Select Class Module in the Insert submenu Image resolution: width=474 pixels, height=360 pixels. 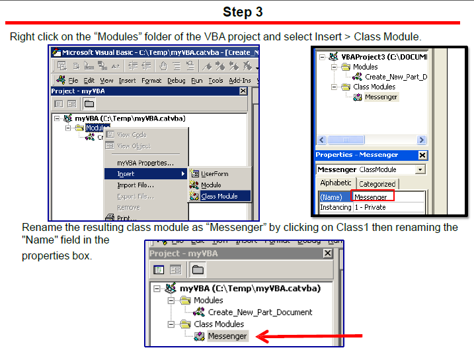tap(219, 197)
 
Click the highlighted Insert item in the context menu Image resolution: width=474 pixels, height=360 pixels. tap(126, 174)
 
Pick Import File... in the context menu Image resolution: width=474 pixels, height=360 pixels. tap(136, 185)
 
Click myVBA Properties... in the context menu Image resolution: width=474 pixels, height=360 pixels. tap(145, 163)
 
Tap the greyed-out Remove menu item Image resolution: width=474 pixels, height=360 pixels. tap(128, 207)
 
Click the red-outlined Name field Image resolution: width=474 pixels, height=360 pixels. tap(373, 197)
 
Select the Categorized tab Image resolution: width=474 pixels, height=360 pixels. tap(377, 184)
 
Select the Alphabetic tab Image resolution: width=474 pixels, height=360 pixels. tap(336, 183)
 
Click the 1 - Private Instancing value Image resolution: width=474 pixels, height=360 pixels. tap(370, 207)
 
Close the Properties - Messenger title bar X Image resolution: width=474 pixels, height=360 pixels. tap(423, 156)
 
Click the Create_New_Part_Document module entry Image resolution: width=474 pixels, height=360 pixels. tap(260, 312)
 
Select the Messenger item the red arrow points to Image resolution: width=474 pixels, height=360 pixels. tap(227, 336)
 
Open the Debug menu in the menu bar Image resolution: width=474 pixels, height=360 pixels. tap(176, 81)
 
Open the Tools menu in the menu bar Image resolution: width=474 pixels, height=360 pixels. tap(216, 81)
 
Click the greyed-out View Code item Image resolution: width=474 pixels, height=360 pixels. tap(132, 135)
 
